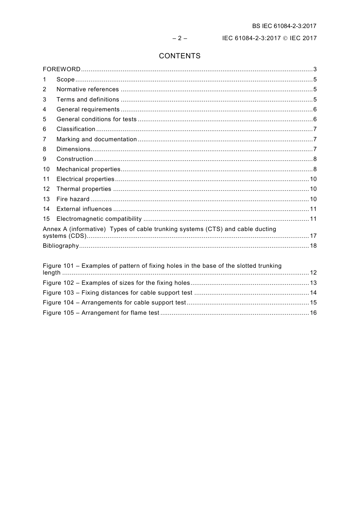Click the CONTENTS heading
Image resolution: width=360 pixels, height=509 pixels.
180,56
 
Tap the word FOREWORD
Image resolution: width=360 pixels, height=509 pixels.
61,69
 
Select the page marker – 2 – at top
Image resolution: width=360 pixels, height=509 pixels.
180,38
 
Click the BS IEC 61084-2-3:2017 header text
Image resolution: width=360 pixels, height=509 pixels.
284,26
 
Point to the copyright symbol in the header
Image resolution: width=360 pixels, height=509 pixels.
285,38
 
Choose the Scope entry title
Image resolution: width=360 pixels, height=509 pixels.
66,80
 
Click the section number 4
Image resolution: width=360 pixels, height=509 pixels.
45,109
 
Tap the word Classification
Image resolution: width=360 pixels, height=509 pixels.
76,129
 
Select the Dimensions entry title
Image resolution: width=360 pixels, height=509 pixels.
74,149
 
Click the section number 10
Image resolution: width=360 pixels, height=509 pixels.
46,169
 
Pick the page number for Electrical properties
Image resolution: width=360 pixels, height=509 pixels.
313,179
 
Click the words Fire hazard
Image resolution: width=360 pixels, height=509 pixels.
73,199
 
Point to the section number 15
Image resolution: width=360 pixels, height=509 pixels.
46,219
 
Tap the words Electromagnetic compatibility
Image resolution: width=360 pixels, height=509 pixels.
99,219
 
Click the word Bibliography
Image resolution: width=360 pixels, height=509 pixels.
61,246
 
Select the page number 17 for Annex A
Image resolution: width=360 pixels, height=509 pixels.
313,236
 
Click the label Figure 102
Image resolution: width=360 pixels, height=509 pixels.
58,283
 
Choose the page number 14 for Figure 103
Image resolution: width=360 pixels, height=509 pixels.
313,293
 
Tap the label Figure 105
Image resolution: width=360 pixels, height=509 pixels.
58,313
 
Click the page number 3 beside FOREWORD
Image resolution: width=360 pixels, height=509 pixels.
315,69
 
